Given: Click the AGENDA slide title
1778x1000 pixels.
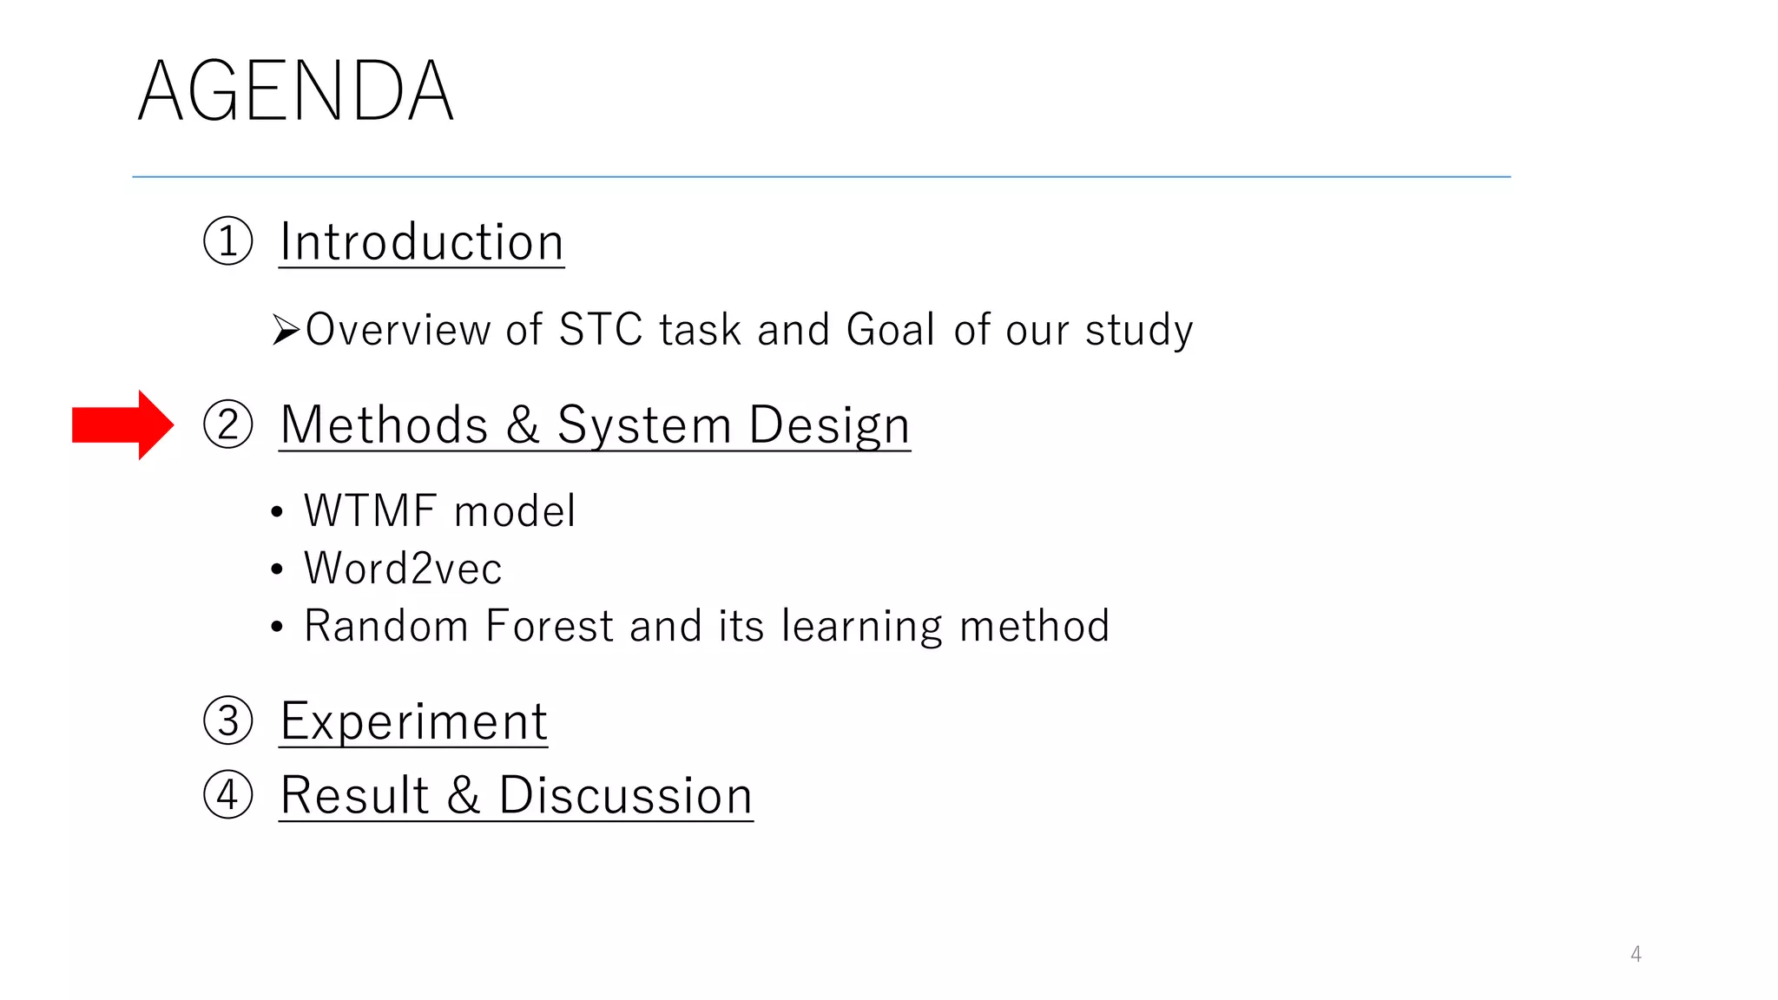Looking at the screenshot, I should [x=295, y=91].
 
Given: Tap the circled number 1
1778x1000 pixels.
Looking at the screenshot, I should [x=228, y=241].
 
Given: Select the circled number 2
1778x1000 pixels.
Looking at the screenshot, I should [x=228, y=424].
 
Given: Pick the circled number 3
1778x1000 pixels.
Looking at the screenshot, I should [x=228, y=720].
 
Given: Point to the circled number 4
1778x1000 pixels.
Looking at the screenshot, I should [x=228, y=794].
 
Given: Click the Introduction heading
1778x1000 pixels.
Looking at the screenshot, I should [x=422, y=242].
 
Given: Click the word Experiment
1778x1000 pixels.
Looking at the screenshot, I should [x=414, y=721].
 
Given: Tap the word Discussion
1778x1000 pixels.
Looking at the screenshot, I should [x=625, y=795].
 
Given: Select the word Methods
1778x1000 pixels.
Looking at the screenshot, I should [x=384, y=425].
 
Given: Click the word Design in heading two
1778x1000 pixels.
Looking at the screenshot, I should [x=829, y=425].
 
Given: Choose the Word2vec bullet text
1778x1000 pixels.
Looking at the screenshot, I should [x=403, y=569].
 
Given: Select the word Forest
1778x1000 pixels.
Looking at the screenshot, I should [x=550, y=626].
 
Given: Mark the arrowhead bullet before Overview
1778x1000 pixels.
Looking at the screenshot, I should [x=286, y=330].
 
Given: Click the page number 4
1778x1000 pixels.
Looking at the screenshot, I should [x=1636, y=954].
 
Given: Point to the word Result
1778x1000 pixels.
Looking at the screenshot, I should [x=355, y=795].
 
